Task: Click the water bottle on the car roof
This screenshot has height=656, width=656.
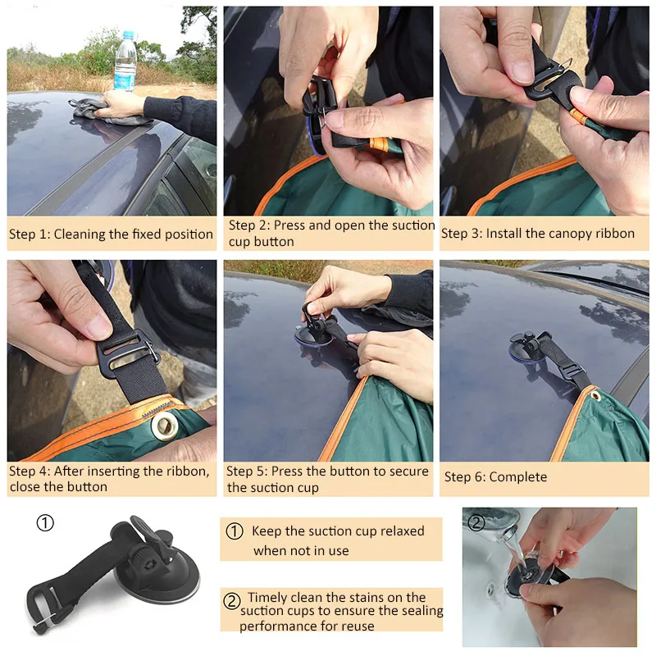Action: [x=125, y=61]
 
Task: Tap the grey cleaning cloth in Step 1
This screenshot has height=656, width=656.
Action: [x=111, y=112]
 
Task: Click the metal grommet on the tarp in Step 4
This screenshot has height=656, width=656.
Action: [x=165, y=425]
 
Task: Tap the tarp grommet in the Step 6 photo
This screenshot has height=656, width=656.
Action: [x=595, y=394]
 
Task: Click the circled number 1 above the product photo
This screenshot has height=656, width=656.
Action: [x=45, y=522]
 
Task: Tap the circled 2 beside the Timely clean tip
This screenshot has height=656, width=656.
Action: [x=231, y=601]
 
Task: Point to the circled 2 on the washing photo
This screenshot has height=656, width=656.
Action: [x=476, y=522]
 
